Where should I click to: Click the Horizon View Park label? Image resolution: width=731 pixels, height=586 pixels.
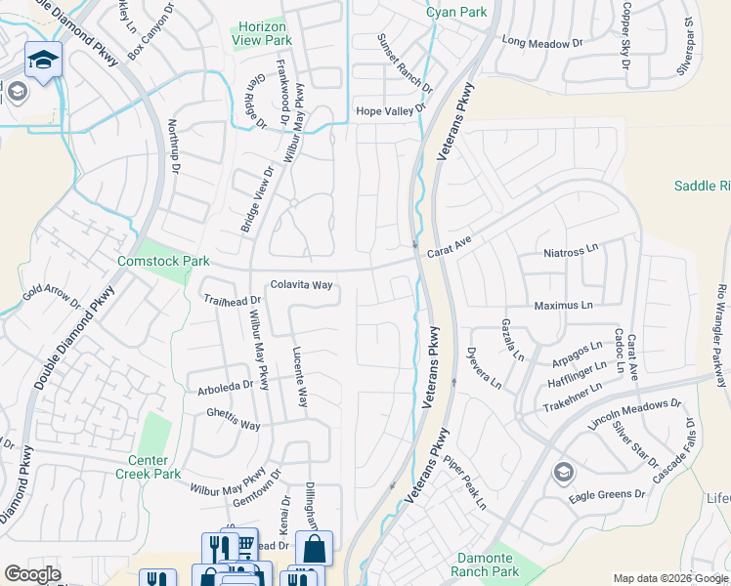click(x=262, y=35)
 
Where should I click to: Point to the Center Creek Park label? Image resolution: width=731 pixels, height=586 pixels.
click(x=154, y=467)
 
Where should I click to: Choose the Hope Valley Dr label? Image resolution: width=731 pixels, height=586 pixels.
click(x=391, y=111)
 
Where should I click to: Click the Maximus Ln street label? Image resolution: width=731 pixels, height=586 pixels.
click(x=563, y=306)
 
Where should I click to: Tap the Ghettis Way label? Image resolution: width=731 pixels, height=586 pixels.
click(x=234, y=426)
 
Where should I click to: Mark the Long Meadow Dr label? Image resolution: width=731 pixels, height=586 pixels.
click(x=540, y=42)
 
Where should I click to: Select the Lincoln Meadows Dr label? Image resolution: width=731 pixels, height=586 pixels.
click(x=634, y=413)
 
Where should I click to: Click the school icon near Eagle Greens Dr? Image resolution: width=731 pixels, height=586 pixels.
click(x=563, y=474)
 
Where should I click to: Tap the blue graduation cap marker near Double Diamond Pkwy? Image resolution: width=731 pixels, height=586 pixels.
click(x=43, y=61)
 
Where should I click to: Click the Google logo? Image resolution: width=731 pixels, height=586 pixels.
click(x=32, y=574)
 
